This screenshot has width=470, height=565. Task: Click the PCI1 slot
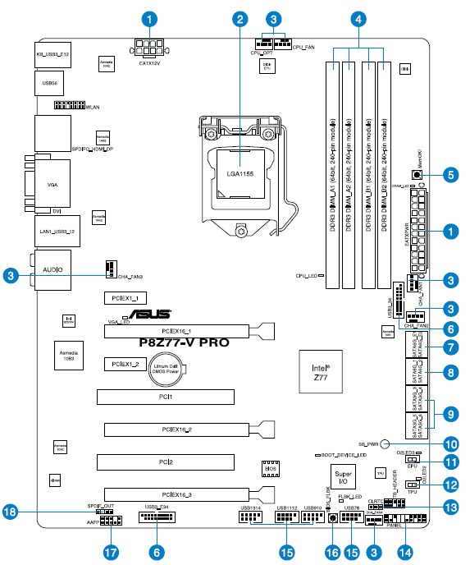[x=166, y=397]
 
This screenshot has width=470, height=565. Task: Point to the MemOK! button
[x=418, y=174]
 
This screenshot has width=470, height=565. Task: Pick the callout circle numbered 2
[x=240, y=18]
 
